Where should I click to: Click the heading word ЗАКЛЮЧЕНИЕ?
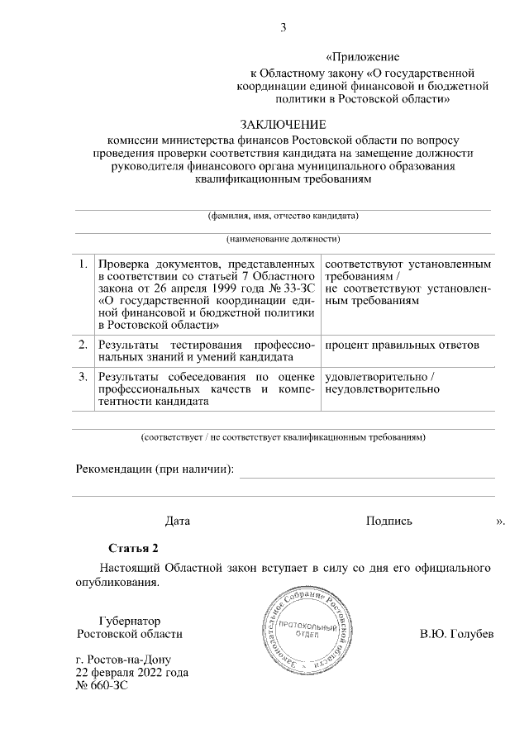(x=283, y=125)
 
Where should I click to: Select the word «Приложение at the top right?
(x=363, y=57)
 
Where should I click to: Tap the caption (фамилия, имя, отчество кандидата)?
(x=283, y=217)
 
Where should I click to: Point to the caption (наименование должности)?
(x=283, y=240)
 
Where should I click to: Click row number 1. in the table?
(x=83, y=264)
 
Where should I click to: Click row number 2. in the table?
(x=83, y=344)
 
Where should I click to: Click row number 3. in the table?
(x=83, y=377)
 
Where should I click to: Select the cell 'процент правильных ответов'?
(x=402, y=344)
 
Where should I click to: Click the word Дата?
(x=177, y=521)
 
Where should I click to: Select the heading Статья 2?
(x=132, y=548)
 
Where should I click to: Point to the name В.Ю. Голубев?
(x=456, y=634)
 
